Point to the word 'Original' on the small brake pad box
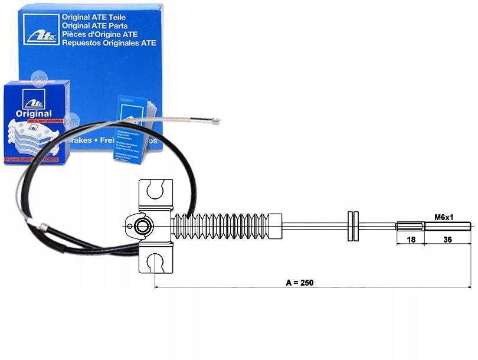pyautogui.click(x=34, y=113)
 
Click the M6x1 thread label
pyautogui.click(x=443, y=217)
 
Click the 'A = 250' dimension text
pyautogui.click(x=300, y=282)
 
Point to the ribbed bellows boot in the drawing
pyautogui.click(x=227, y=226)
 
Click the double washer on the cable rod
pyautogui.click(x=353, y=225)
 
